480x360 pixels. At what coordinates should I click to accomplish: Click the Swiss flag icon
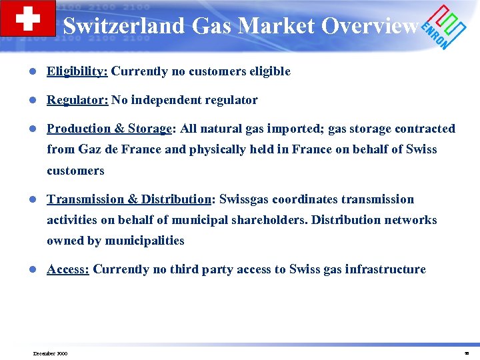point(27,18)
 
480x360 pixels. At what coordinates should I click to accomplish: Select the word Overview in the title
point(369,26)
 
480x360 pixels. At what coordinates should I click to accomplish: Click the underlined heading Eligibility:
point(77,71)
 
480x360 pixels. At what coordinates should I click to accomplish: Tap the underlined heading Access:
point(68,269)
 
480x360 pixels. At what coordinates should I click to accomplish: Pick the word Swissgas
point(247,199)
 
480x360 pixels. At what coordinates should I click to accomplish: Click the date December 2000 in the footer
point(50,353)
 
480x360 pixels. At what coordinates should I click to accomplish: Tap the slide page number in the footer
point(467,353)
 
